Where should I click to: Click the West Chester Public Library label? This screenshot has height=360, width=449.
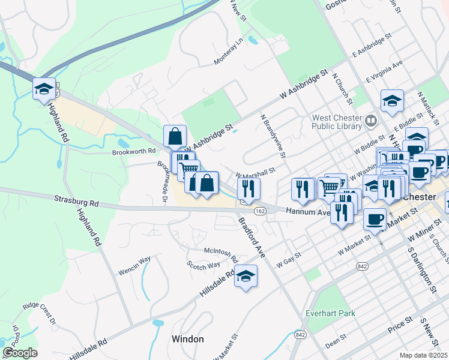(337, 122)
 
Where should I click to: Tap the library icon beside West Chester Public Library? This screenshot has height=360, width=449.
(371, 122)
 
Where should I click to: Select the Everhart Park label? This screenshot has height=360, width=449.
(330, 313)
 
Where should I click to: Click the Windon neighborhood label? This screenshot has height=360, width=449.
(188, 339)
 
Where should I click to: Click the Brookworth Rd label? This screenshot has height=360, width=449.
(133, 152)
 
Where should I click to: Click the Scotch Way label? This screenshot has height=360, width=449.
(203, 265)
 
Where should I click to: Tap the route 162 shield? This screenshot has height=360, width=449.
(260, 211)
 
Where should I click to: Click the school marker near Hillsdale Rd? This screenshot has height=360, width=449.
(245, 277)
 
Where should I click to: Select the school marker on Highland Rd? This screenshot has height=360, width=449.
(44, 89)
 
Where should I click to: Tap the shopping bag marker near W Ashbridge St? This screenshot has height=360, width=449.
(175, 136)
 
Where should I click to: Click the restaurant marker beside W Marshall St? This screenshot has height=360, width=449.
(247, 188)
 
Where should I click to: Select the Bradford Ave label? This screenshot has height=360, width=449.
(252, 238)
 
